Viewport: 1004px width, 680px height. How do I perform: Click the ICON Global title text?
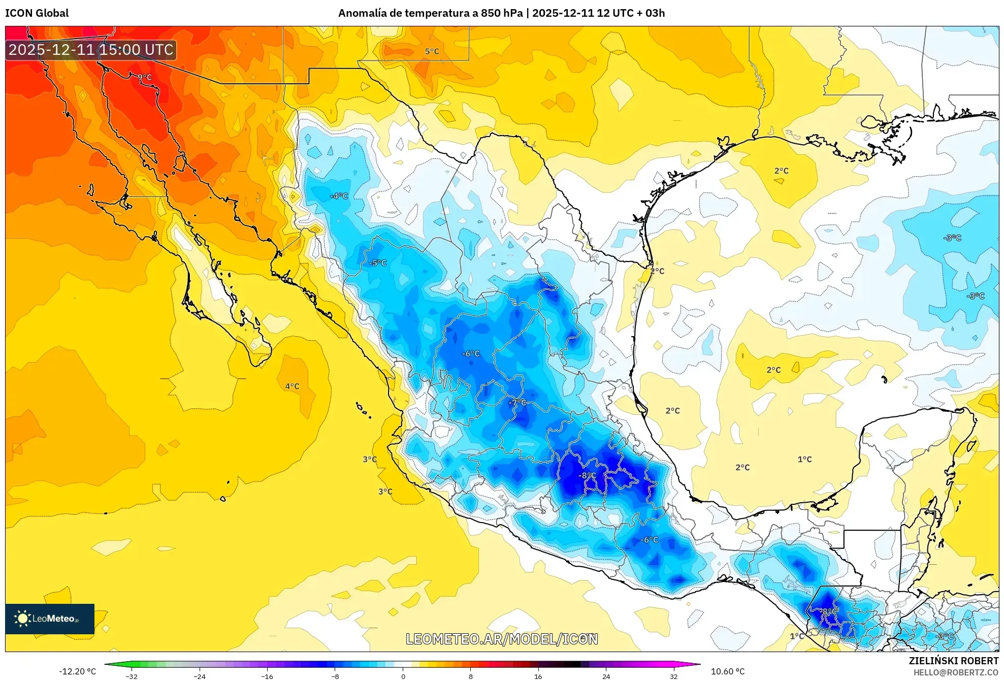point(37,13)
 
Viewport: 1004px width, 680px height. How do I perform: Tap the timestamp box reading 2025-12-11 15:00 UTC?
point(91,50)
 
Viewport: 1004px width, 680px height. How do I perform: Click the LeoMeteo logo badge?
point(49,619)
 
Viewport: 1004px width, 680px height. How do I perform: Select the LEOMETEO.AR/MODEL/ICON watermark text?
point(502,639)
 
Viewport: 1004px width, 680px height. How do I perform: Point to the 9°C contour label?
point(145,77)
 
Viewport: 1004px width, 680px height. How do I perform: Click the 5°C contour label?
point(432,51)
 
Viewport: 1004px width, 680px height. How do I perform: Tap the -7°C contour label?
point(517,402)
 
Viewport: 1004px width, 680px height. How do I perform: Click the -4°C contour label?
point(339,196)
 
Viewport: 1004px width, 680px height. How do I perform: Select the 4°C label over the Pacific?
point(292,386)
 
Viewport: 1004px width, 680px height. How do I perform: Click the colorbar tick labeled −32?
point(132,676)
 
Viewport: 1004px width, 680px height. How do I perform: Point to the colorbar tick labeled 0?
point(403,676)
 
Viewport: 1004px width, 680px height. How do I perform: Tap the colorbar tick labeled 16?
point(538,676)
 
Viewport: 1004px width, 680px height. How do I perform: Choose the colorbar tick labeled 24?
point(606,676)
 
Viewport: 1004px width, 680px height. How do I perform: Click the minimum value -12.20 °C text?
point(77,671)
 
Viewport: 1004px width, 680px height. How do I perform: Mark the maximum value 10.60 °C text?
point(727,671)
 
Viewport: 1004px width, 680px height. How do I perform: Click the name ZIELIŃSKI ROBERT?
point(953,661)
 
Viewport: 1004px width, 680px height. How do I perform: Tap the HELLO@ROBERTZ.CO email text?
point(956,672)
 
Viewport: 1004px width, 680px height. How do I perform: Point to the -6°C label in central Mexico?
point(471,353)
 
